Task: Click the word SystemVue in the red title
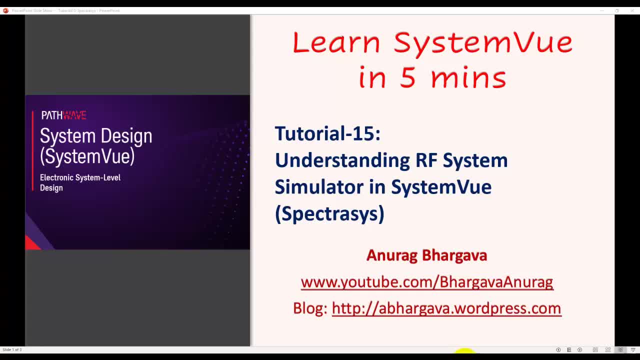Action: point(483,42)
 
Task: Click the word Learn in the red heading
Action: point(336,42)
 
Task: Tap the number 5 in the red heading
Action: point(407,78)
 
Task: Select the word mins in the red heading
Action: point(468,78)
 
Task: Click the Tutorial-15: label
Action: point(327,133)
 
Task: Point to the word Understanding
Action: point(342,160)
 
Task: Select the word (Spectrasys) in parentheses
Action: point(329,213)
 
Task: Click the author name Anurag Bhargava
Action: point(426,255)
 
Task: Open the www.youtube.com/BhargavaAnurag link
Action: point(426,282)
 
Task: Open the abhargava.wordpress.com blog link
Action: point(446,308)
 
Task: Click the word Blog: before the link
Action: point(310,308)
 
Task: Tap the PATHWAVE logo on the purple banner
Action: point(63,115)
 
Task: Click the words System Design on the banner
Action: point(95,136)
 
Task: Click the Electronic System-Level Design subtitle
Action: point(80,182)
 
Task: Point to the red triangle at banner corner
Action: point(31,243)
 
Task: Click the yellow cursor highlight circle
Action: point(464,352)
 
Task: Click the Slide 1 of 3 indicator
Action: point(12,349)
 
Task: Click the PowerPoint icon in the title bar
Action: point(5,10)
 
